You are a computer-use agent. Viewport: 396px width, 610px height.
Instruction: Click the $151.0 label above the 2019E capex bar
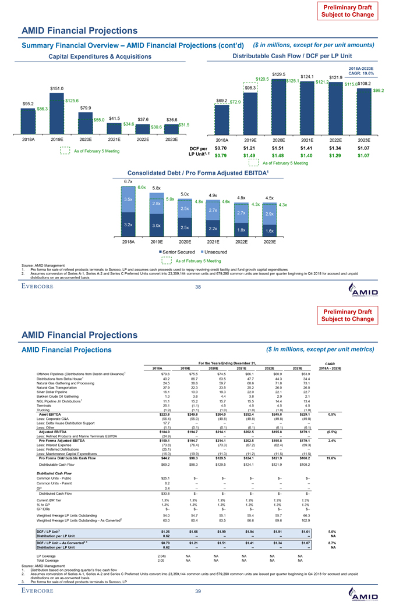pyautogui.click(x=56, y=88)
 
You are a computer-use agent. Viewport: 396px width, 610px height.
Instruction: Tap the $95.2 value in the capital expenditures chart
pyautogui.click(x=28, y=104)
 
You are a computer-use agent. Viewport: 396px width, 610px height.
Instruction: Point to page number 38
pyautogui.click(x=197, y=287)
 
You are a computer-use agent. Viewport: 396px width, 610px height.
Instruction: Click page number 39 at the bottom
pyautogui.click(x=197, y=591)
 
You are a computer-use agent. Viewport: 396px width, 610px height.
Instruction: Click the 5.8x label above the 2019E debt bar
pyautogui.click(x=157, y=188)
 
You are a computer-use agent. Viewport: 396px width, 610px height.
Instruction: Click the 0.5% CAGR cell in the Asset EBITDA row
pyautogui.click(x=333, y=430)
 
